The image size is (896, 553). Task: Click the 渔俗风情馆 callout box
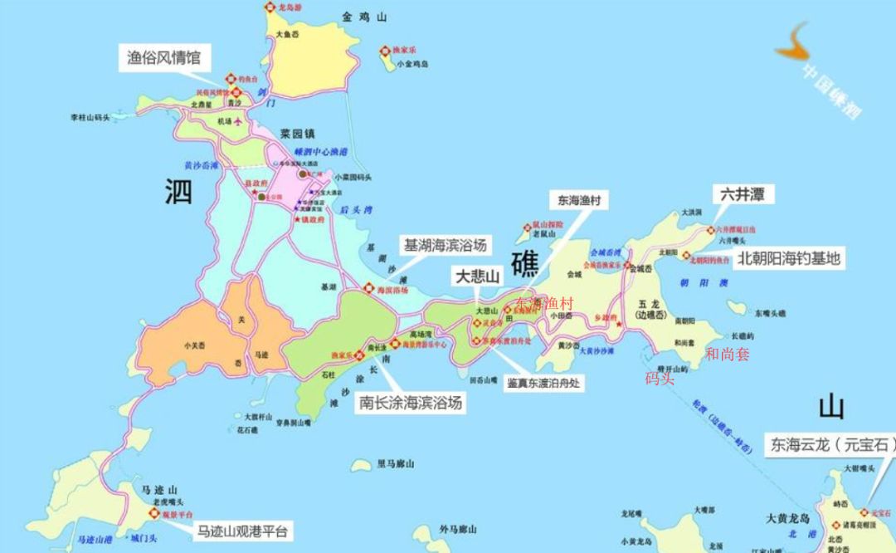click(164, 58)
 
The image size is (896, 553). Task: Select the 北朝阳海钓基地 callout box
click(788, 258)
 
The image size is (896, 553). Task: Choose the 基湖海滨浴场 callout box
click(444, 246)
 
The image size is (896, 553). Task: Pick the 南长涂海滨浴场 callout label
click(410, 403)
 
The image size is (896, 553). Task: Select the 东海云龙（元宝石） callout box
click(832, 445)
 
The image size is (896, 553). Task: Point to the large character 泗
click(178, 191)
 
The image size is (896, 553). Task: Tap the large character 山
click(831, 407)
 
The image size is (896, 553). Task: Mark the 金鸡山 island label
click(364, 17)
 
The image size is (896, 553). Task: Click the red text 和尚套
click(727, 355)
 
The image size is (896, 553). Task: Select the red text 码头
click(660, 378)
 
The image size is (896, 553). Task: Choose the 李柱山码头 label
click(90, 119)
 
